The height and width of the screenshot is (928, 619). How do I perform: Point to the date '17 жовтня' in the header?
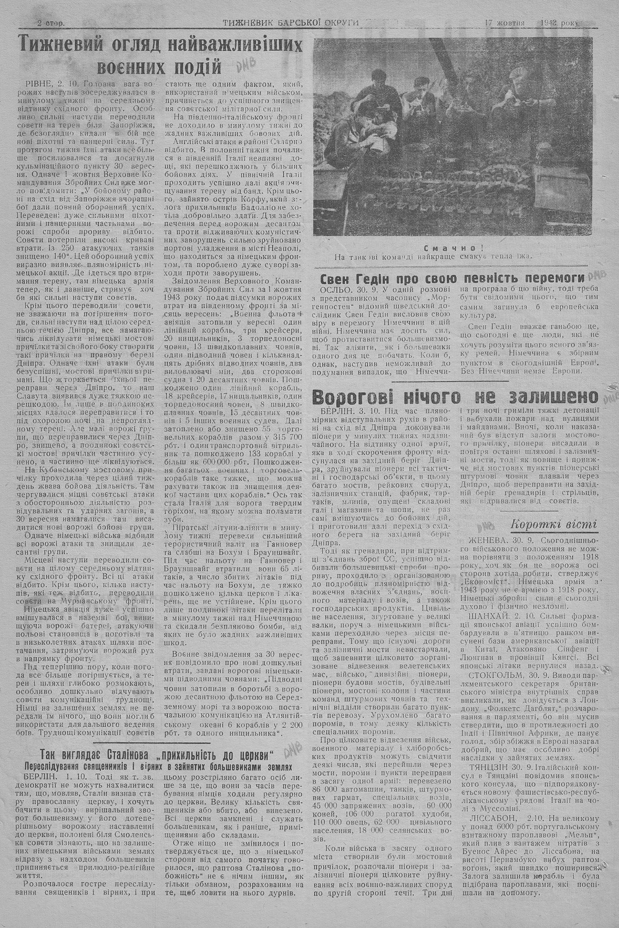504,23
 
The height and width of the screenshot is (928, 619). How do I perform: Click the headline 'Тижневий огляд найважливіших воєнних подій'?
160,54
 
